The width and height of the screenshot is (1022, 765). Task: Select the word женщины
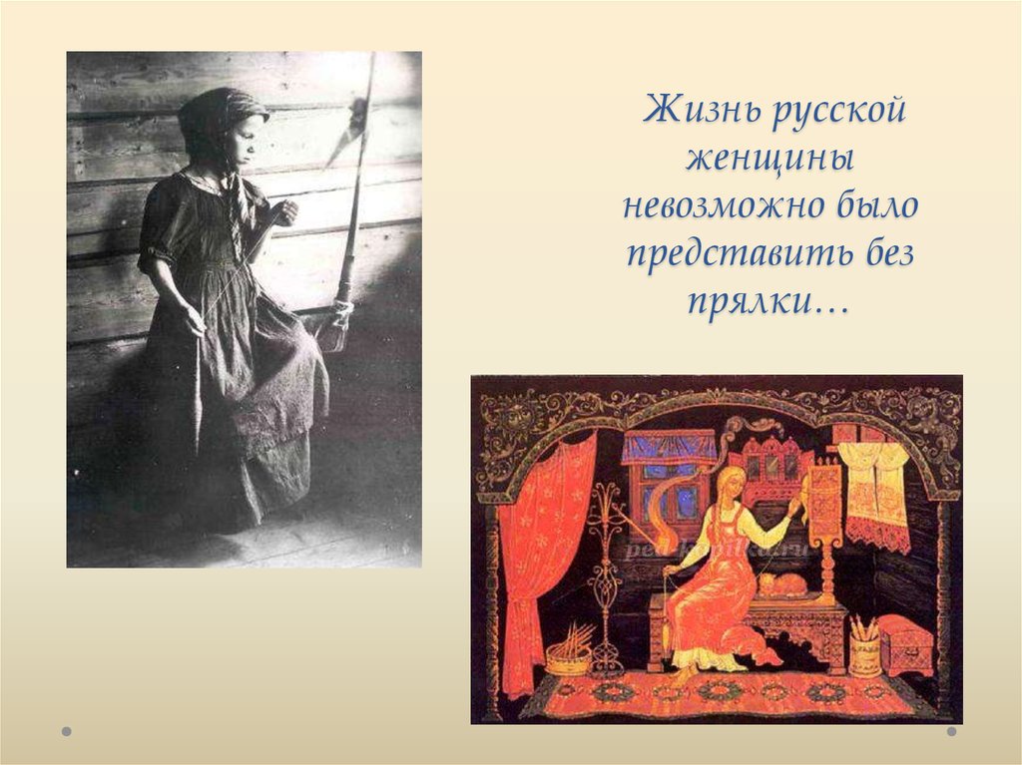pos(766,159)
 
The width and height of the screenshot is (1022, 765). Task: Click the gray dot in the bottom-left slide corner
pos(67,730)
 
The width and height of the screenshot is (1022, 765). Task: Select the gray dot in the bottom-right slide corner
pos(951,730)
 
